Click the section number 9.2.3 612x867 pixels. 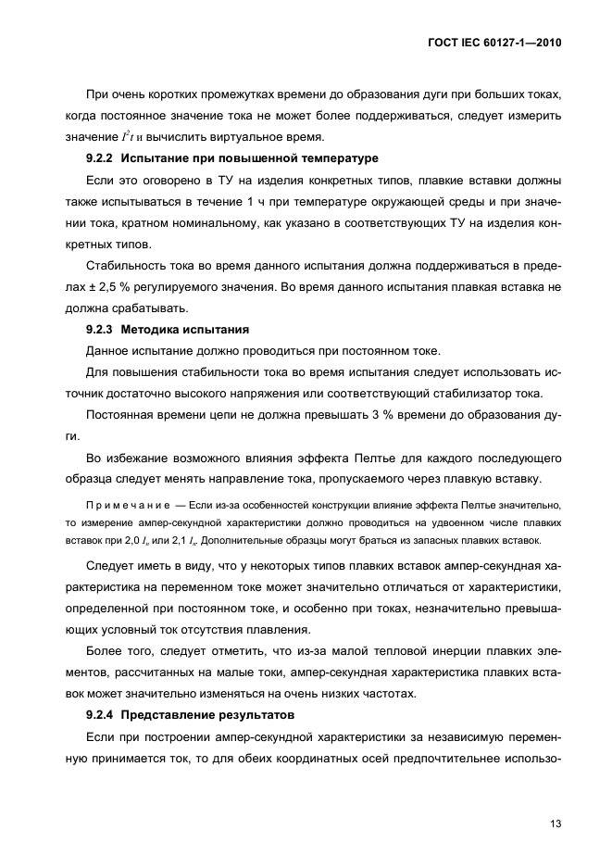tap(99, 329)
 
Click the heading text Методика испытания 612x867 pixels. tap(178, 329)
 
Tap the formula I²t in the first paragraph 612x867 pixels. tap(123, 137)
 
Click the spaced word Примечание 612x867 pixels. tap(122, 504)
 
